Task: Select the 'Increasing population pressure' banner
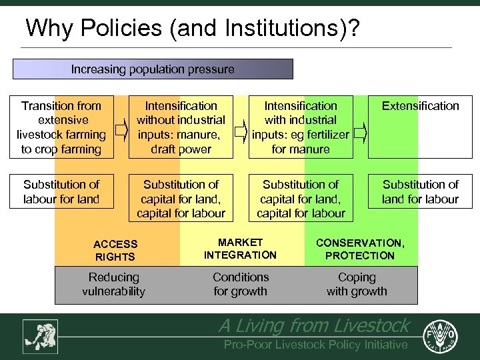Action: tap(153, 69)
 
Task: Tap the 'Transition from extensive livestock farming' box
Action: tap(61, 127)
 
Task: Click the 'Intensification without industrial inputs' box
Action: tap(181, 127)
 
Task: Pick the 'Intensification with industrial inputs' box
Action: tap(301, 127)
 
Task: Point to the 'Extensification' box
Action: tap(420, 127)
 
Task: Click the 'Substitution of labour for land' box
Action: tap(61, 191)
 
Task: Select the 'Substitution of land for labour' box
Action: tap(420, 191)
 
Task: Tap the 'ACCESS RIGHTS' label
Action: tap(115, 251)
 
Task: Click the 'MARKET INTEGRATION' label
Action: tap(240, 249)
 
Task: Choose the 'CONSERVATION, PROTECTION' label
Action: tap(360, 249)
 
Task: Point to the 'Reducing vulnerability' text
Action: tap(114, 284)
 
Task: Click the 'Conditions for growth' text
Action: tap(241, 284)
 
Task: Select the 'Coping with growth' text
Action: tap(357, 284)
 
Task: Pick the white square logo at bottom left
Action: tap(40, 336)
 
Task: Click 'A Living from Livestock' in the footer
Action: tap(314, 325)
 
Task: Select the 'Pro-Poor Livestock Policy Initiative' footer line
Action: tap(315, 345)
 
